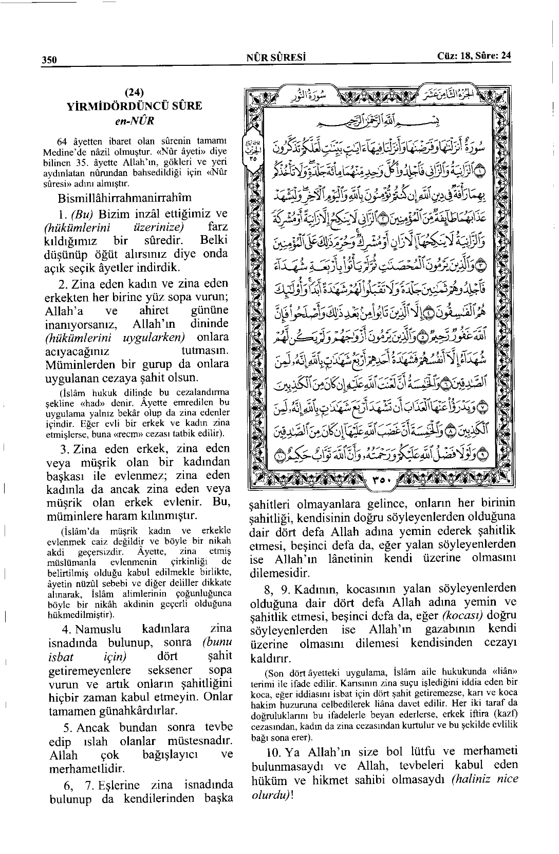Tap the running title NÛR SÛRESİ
[x=276, y=58]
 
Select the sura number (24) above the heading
[x=134, y=93]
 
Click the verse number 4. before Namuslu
[x=66, y=629]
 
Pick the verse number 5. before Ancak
[x=66, y=727]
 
